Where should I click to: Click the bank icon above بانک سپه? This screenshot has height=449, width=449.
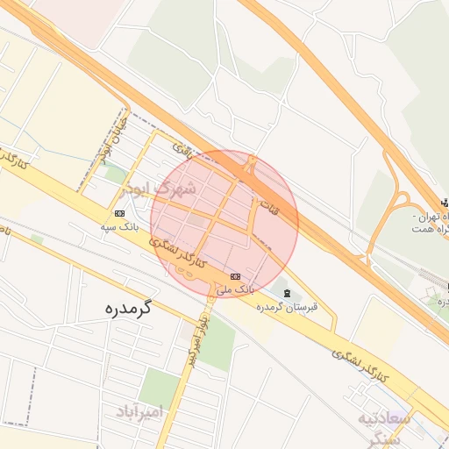tap(119, 213)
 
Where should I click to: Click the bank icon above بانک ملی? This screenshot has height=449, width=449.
tap(234, 276)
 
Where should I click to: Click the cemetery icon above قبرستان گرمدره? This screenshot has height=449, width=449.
tap(289, 292)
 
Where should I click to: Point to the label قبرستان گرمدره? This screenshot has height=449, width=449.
tap(287, 308)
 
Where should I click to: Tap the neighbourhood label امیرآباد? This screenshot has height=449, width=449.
tap(139, 410)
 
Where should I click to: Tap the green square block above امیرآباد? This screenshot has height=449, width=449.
tap(159, 384)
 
